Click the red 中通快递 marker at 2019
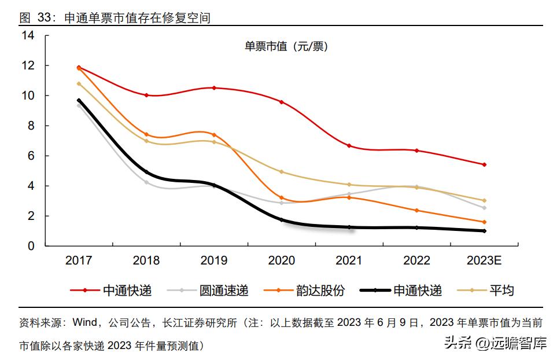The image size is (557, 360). [x=214, y=88]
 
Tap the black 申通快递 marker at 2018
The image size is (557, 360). [x=146, y=172]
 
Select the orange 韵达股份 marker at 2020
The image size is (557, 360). [x=282, y=198]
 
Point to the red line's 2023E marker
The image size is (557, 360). [x=484, y=164]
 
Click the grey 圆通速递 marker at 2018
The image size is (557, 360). [x=146, y=182]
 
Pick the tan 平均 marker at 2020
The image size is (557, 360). [x=282, y=172]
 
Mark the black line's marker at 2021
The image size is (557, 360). [x=349, y=227]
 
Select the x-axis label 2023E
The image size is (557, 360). [x=484, y=261]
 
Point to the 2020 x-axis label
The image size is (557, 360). [x=281, y=261]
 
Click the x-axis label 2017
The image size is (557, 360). [x=79, y=261]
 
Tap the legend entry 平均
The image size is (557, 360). [x=501, y=290]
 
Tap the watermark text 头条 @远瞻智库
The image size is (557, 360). [x=495, y=344]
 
